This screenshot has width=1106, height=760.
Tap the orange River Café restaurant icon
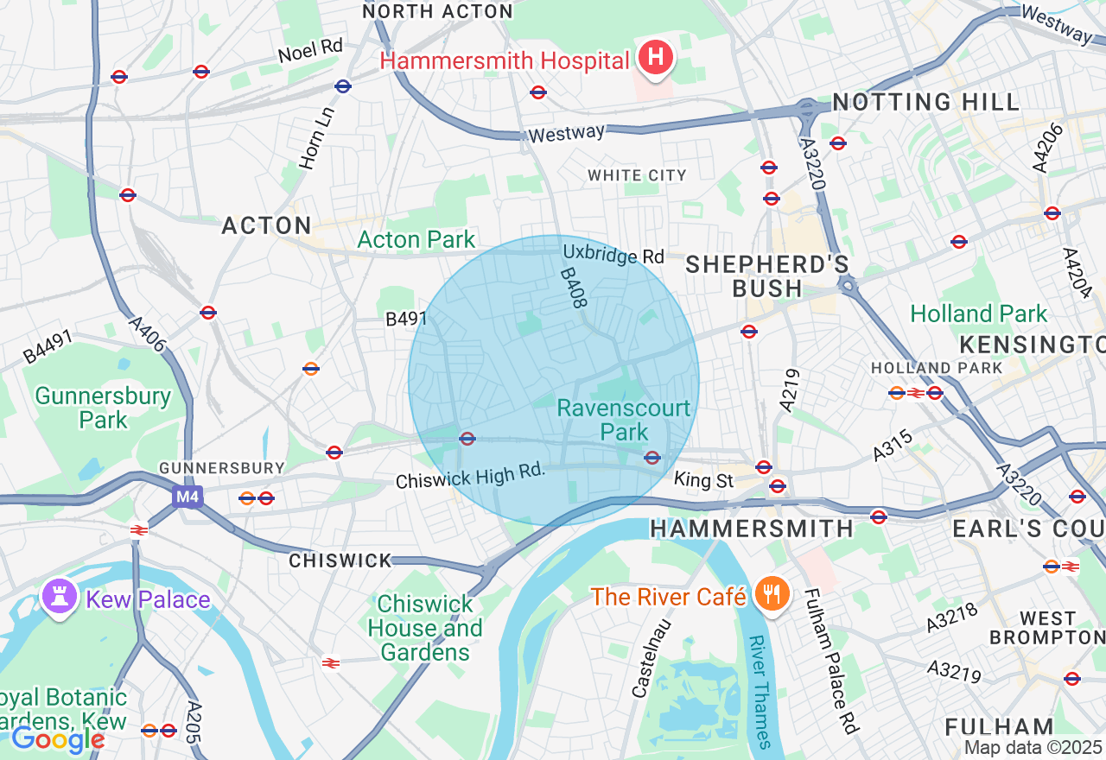pos(767,595)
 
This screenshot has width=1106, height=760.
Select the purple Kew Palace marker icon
pos(60,598)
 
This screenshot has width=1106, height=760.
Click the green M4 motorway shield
pos(186,497)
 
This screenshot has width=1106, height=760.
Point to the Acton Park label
pos(416,239)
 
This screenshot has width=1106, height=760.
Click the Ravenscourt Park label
pos(625,419)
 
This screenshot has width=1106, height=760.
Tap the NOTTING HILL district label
pos(926,102)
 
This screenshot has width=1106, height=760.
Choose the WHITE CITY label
pos(637,175)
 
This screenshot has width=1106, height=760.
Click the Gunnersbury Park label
pos(103,408)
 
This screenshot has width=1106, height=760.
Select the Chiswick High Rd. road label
pos(471,476)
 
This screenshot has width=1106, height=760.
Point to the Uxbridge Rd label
pos(613,256)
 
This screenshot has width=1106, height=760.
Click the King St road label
pos(702,478)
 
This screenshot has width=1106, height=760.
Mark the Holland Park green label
pos(979,313)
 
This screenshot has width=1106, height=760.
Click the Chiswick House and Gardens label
pos(425,628)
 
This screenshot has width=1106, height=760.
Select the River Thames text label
pos(759,691)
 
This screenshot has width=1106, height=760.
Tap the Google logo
pos(58,739)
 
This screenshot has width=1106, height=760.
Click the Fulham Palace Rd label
pos(831,661)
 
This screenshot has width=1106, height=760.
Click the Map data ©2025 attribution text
pos(1033,748)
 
